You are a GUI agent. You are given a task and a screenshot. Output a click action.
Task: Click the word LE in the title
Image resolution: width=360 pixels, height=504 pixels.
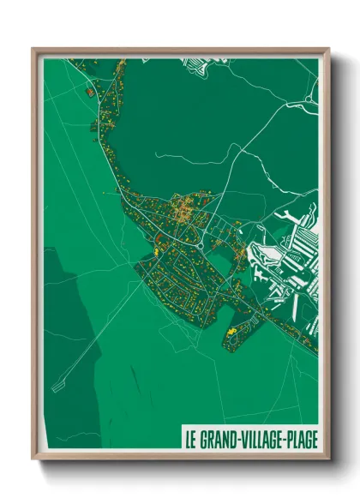point(189,439)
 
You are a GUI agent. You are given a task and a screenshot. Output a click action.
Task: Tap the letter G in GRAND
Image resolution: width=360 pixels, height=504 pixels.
point(202,439)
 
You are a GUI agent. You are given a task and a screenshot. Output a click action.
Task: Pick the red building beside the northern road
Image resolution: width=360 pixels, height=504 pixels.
point(89,90)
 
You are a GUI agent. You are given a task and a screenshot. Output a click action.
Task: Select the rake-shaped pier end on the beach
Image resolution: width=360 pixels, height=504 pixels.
point(57,387)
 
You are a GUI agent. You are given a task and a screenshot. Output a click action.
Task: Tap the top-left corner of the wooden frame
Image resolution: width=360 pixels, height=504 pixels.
point(33,50)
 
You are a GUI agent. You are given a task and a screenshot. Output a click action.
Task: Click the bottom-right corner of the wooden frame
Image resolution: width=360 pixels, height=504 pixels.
point(329,458)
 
